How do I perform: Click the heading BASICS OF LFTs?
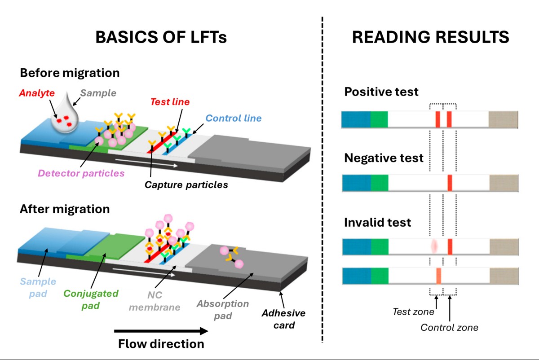161,37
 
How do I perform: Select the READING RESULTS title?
430,37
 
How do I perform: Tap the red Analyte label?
37,93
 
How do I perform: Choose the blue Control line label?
233,119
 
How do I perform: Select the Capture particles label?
186,184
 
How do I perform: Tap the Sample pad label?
38,288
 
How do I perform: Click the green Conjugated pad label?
91,299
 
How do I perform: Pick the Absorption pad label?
222,310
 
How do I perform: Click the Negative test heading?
384,158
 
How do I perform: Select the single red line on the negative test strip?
450,183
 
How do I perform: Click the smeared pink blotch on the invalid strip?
434,246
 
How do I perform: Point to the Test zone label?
413,312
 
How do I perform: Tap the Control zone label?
449,327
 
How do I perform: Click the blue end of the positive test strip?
356,119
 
